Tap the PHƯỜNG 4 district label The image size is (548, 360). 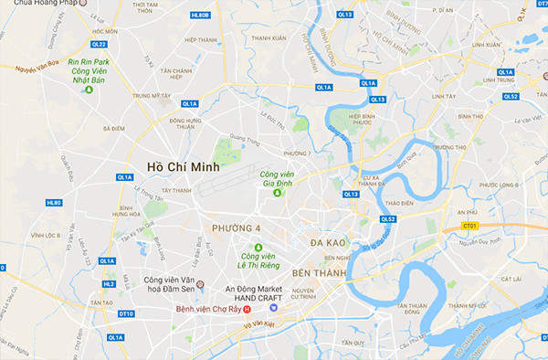(x=236, y=227)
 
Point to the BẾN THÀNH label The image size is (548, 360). (x=319, y=273)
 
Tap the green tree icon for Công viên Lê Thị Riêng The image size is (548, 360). (x=258, y=248)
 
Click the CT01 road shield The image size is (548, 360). (x=470, y=225)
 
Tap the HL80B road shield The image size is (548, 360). (x=200, y=16)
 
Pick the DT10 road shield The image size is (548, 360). (x=126, y=313)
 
